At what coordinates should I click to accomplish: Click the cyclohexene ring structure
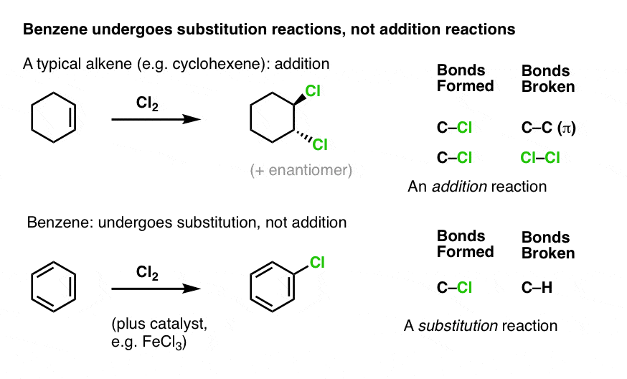coord(32,118)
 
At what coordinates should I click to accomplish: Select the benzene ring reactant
coord(32,286)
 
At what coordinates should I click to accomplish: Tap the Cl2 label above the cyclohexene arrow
coord(147,103)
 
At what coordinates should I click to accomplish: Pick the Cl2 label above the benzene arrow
coord(147,273)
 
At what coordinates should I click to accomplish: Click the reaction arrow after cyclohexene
coord(156,119)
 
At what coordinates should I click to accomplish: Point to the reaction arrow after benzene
coord(156,288)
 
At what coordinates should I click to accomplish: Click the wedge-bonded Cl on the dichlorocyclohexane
coord(313,91)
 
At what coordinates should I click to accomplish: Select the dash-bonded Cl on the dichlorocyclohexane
coord(320,144)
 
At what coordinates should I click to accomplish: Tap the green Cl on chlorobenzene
coord(317,262)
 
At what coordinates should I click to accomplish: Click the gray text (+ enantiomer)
coord(301,170)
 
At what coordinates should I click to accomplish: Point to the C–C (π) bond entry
coord(548,128)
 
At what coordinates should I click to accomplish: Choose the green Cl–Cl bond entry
coord(539,158)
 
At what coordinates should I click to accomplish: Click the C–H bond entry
coord(537,287)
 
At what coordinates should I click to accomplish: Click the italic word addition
coord(459,187)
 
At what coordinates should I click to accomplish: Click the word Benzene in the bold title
coord(55,29)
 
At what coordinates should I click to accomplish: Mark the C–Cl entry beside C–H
coord(454,287)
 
